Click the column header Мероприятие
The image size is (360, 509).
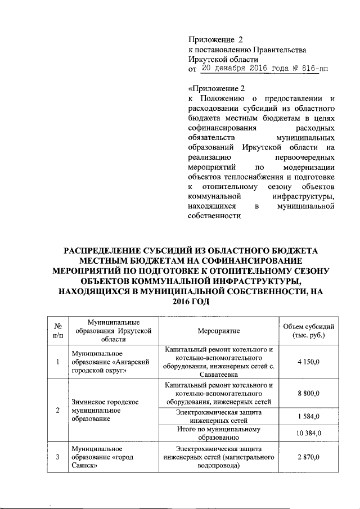click(219, 332)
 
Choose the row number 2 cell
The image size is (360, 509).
click(57, 409)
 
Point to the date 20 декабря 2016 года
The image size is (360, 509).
click(248, 69)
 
